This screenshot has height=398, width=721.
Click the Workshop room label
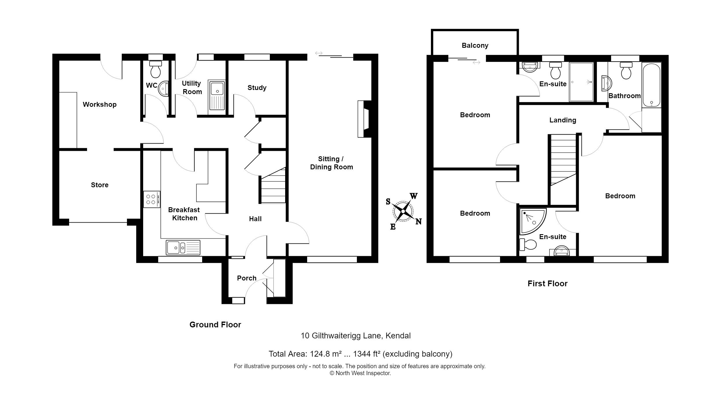click(x=99, y=104)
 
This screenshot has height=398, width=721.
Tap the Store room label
click(x=99, y=185)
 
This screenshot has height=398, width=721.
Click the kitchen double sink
click(x=183, y=247)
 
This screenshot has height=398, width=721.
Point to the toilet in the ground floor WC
click(x=156, y=69)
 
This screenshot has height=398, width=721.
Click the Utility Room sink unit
click(x=217, y=96)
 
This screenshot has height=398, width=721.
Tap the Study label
click(x=257, y=88)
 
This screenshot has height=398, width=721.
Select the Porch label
click(x=247, y=278)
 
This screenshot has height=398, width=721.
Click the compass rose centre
click(x=403, y=211)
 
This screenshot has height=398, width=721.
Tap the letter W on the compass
click(x=414, y=196)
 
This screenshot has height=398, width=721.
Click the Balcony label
click(x=475, y=45)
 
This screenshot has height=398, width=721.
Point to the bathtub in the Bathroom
click(x=651, y=85)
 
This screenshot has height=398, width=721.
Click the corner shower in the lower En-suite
click(x=531, y=221)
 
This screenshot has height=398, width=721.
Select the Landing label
click(x=563, y=120)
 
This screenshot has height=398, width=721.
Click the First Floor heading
click(x=547, y=284)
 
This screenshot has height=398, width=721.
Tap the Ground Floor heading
click(x=215, y=325)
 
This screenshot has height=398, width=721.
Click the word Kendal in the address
click(x=398, y=336)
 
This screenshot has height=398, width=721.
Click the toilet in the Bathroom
click(x=626, y=71)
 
